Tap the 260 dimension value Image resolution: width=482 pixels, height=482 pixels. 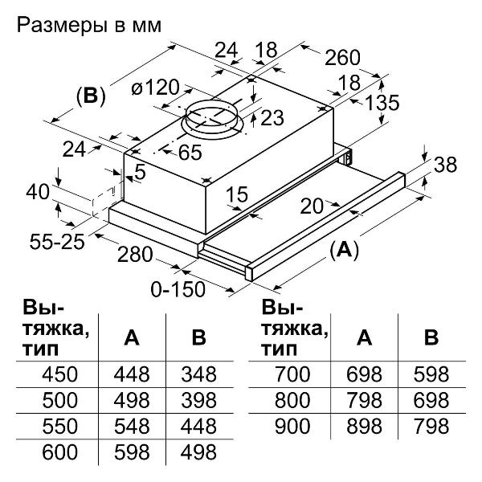click(x=343, y=59)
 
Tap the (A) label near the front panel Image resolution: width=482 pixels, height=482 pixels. click(x=345, y=250)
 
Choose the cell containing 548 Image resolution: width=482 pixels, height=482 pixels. click(x=131, y=427)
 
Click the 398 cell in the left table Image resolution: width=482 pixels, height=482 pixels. click(x=198, y=401)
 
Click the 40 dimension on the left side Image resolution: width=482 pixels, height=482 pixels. click(x=37, y=193)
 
